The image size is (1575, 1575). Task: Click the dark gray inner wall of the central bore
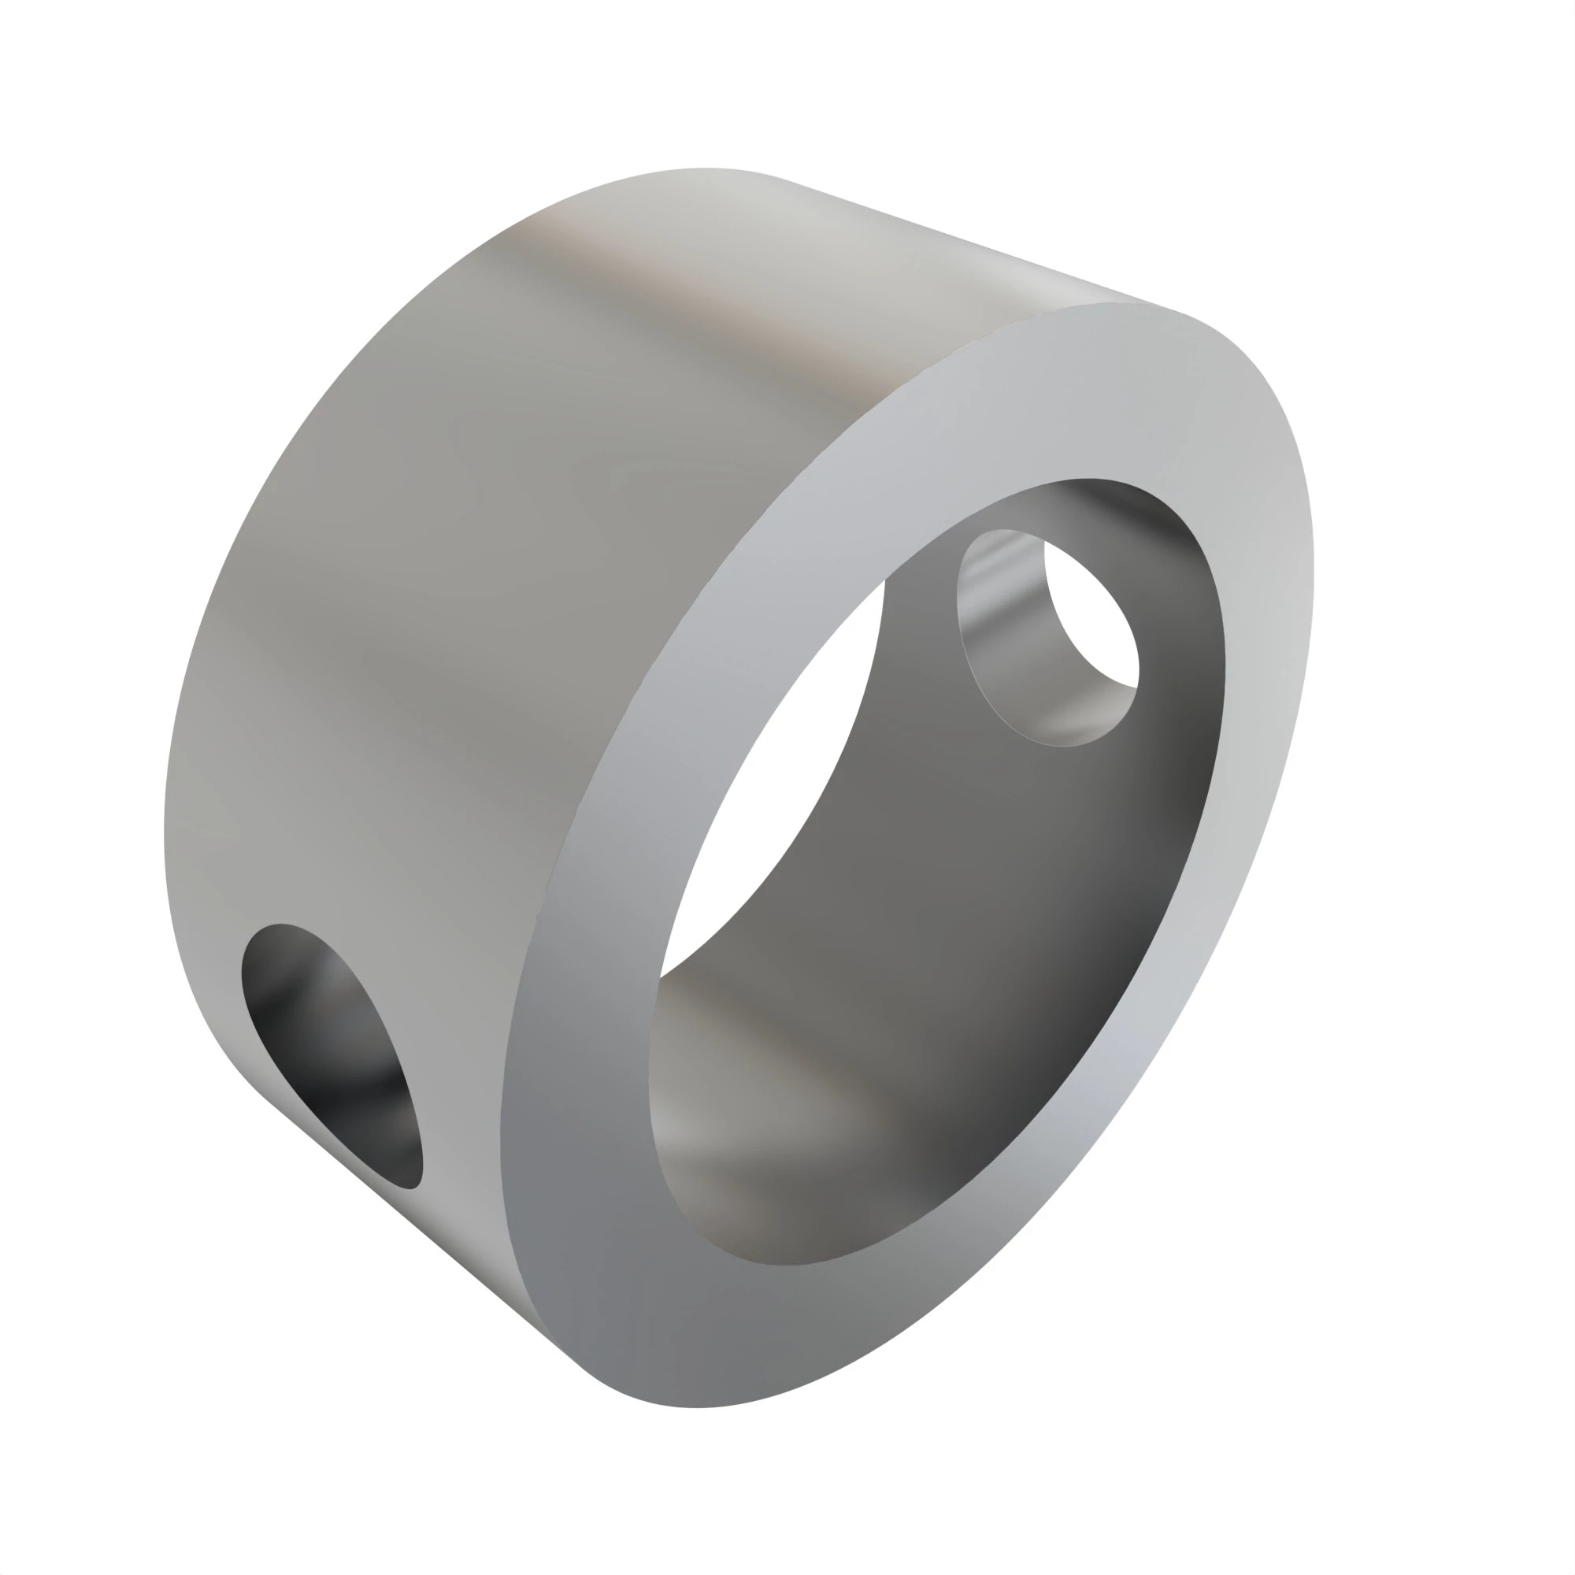978,897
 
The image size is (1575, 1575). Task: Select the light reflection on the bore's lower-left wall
717,1125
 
